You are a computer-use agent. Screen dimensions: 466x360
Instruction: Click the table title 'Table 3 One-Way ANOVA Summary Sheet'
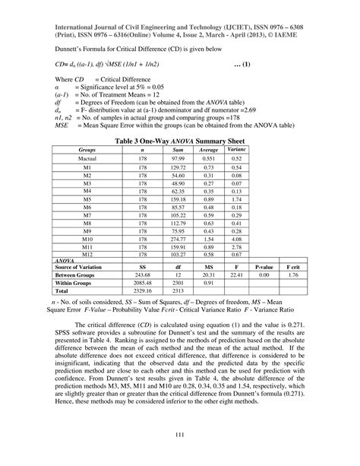[x=180, y=141]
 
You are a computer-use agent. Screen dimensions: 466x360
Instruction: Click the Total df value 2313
[x=177, y=290]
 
